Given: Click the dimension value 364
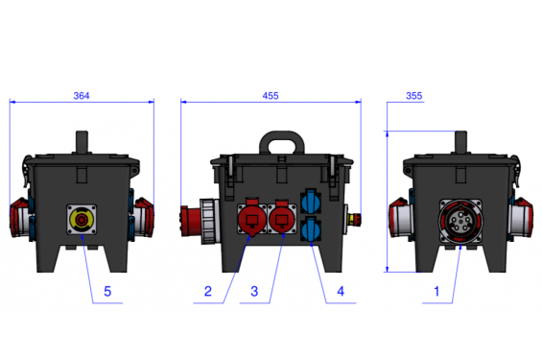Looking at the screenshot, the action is click(x=82, y=96).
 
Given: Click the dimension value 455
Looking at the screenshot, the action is click(x=271, y=96).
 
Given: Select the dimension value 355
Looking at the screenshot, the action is click(x=413, y=96).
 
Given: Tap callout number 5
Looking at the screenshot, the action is click(x=107, y=292).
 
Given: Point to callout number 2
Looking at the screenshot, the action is click(x=208, y=291).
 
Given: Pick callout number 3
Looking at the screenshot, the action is click(x=254, y=291).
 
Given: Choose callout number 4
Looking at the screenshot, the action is click(x=341, y=291).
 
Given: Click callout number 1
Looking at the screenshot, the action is click(x=436, y=291).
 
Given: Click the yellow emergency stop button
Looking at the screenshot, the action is click(x=82, y=219).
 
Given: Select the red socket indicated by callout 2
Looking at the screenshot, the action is click(x=252, y=218).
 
